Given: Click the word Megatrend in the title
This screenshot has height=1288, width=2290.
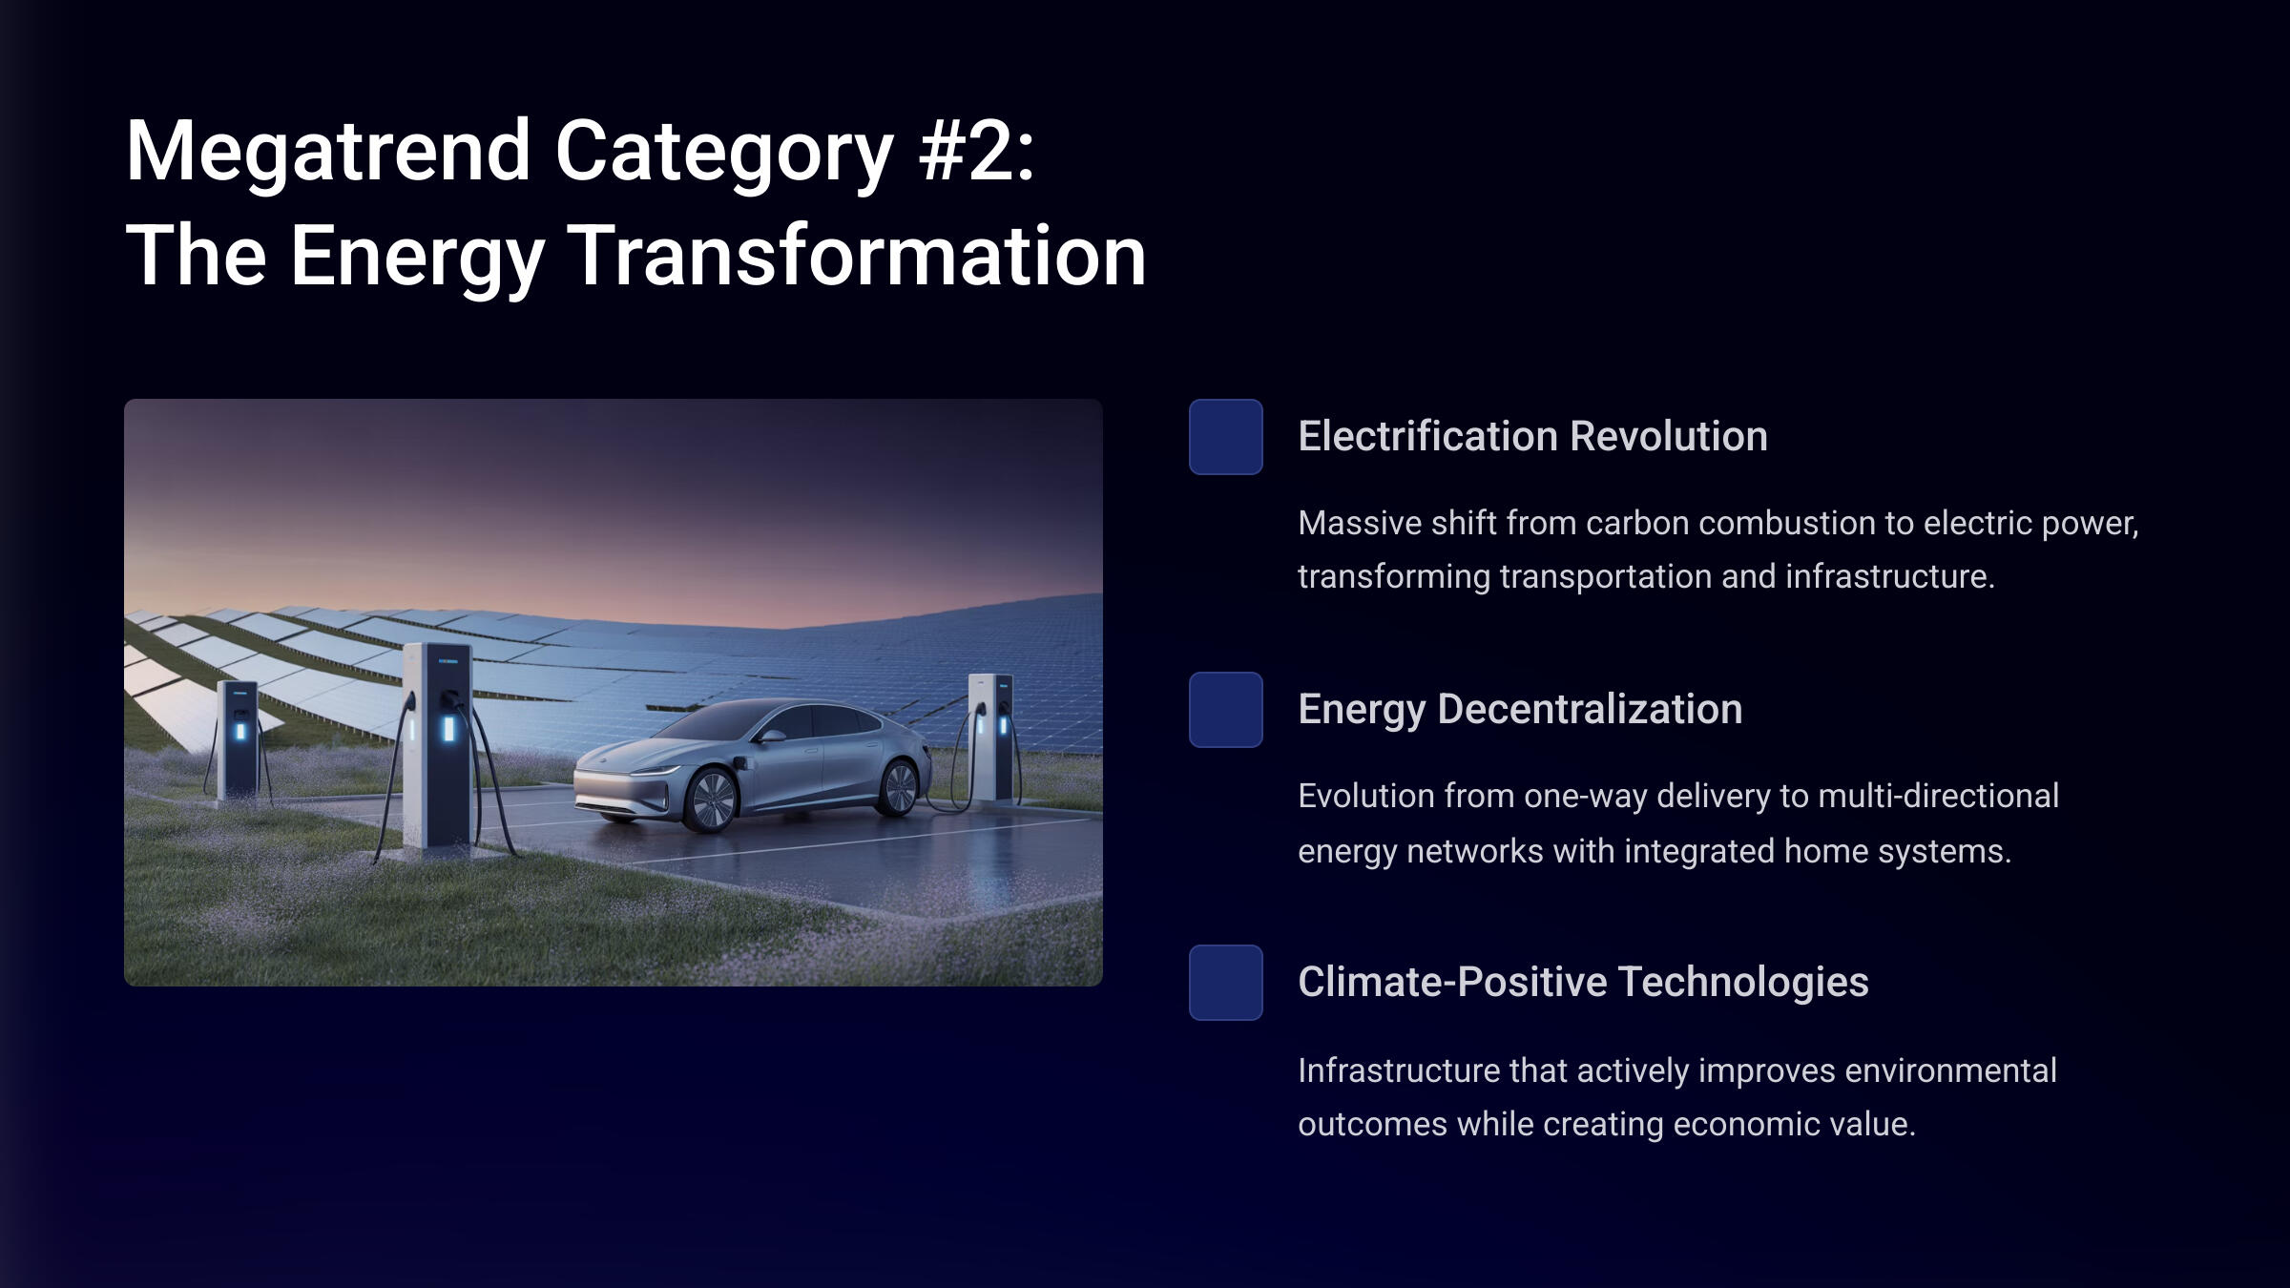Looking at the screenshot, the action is (328, 152).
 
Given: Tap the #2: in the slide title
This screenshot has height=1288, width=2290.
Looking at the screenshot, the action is (976, 152).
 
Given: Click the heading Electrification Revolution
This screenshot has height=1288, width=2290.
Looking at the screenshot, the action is (1532, 436).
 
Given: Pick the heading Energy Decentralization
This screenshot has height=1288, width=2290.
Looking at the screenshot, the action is (1520, 710).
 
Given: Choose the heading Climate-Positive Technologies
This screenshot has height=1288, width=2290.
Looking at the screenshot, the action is (1583, 983).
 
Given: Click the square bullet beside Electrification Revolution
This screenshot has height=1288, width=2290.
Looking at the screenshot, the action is (1226, 437).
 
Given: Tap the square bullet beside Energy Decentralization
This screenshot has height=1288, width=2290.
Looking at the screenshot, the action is (1226, 710).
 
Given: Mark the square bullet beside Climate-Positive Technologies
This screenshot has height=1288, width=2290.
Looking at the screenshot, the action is (1226, 983).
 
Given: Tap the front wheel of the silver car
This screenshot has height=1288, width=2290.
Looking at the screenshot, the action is (711, 800).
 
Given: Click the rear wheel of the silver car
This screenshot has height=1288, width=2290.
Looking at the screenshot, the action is (898, 786).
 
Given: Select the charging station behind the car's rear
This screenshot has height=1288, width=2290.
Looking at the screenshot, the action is (991, 737).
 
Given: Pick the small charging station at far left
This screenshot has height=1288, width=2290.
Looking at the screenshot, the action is (238, 737).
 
